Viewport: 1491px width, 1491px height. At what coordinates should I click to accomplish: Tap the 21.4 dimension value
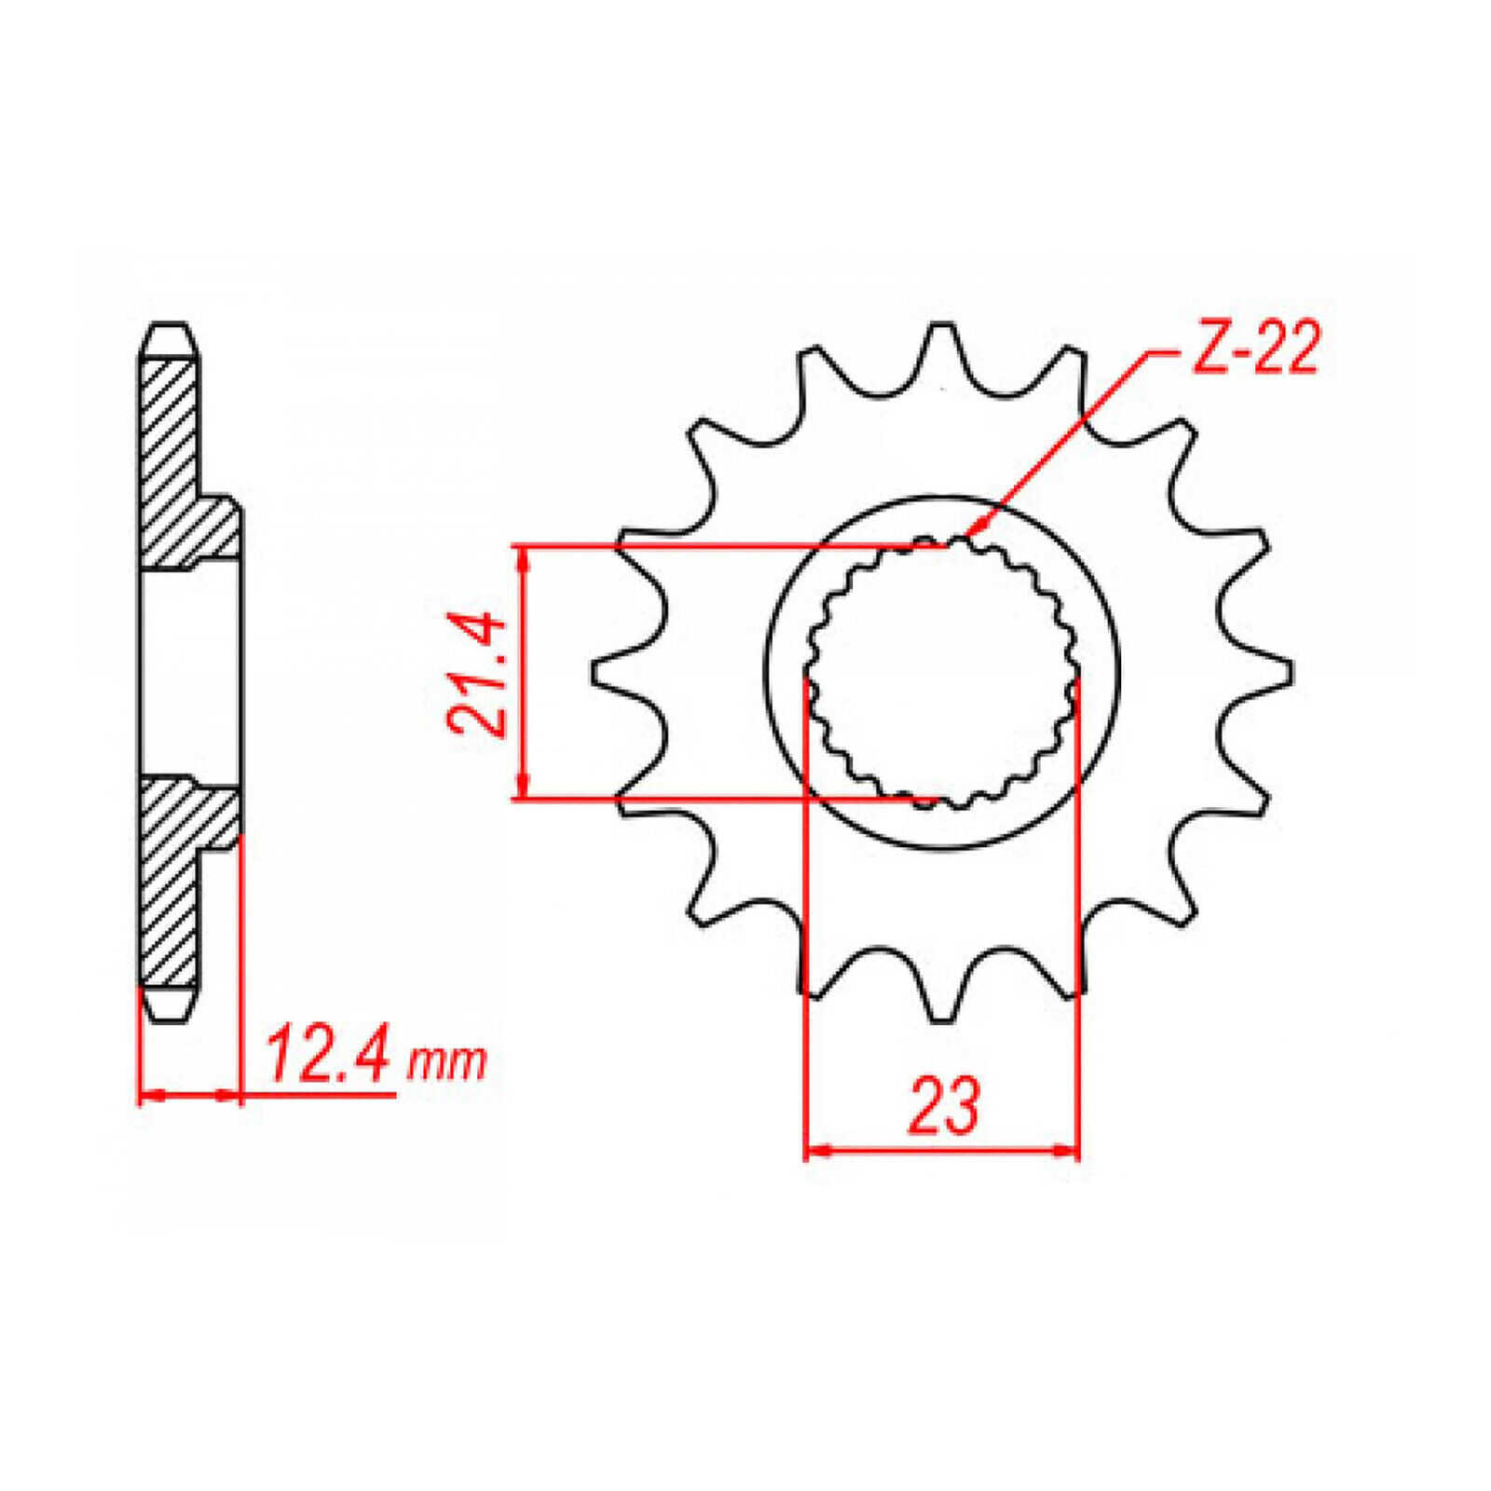click(477, 673)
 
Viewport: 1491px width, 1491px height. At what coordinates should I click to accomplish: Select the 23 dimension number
click(944, 1106)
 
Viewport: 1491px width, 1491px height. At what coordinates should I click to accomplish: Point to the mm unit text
click(447, 1062)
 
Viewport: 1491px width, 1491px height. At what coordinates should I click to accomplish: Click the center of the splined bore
click(942, 673)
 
